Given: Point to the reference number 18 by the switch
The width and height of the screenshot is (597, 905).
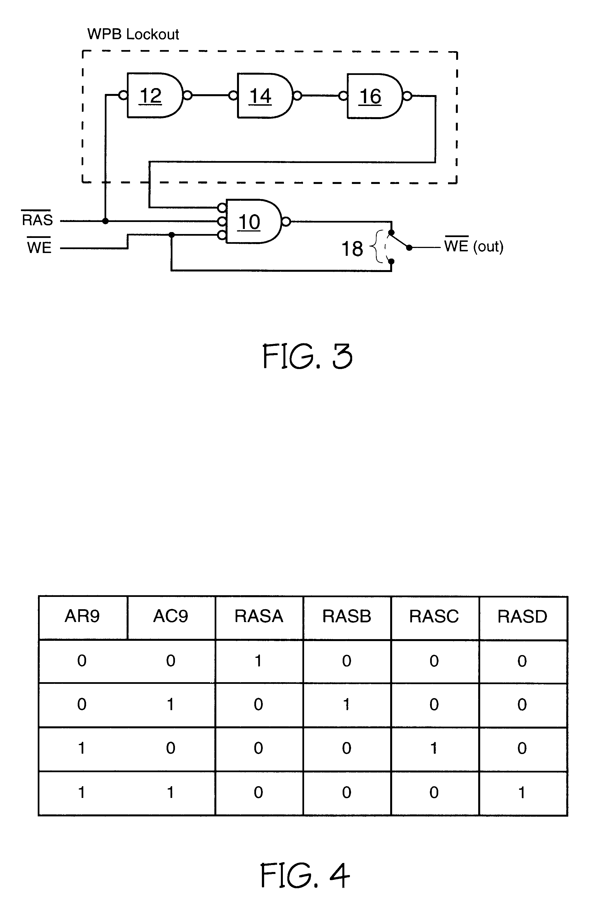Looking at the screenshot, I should pos(352,249).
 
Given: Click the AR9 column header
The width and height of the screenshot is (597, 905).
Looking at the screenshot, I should pos(82,616).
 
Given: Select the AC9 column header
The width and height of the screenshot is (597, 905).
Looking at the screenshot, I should pos(170,616).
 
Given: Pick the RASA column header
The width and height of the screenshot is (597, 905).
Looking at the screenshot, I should pos(259,616).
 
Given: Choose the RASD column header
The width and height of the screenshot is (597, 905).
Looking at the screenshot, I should pos(522,616).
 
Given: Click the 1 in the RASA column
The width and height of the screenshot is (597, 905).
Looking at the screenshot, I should pos(259,661).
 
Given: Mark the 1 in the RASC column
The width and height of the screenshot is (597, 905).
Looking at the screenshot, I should pos(434,748).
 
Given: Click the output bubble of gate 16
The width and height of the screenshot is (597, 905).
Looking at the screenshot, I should pos(407,96).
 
